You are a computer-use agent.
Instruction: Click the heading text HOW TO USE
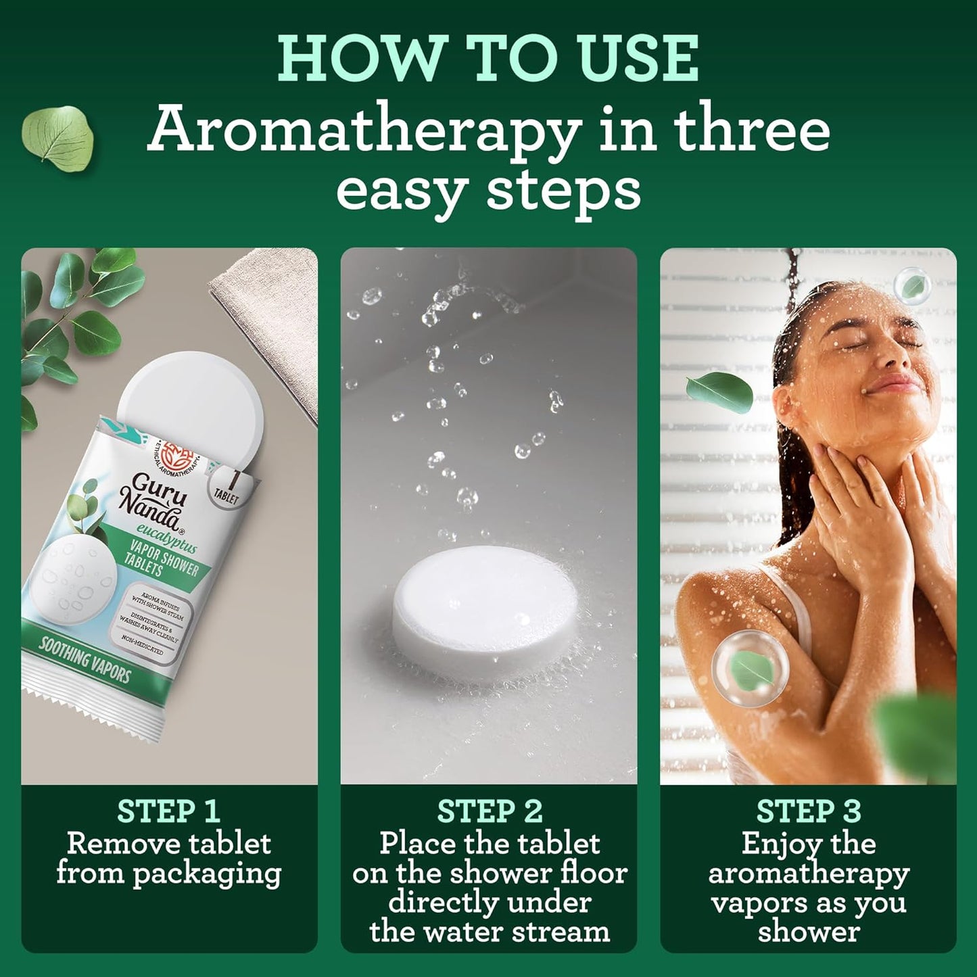pos(488,59)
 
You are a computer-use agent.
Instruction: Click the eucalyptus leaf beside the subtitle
pos(57,135)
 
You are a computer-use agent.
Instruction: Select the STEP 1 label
pos(168,811)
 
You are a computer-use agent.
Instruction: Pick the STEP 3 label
pos(808,811)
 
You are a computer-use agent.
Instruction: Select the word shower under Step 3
pos(808,932)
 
